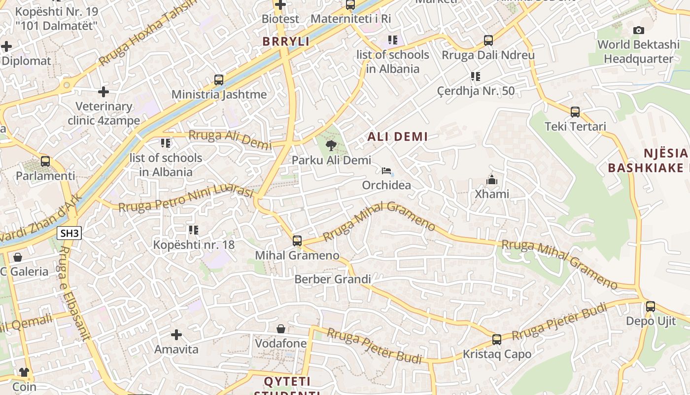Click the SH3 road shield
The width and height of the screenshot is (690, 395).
click(x=69, y=233)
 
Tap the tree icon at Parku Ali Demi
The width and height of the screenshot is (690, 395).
click(x=331, y=145)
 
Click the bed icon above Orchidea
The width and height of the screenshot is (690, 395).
click(x=386, y=171)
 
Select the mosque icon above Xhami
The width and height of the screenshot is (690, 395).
click(x=491, y=180)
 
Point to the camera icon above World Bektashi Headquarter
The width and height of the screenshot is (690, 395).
click(x=638, y=31)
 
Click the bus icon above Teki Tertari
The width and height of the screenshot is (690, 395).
click(x=575, y=112)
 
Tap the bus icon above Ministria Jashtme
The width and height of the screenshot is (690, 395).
click(x=219, y=80)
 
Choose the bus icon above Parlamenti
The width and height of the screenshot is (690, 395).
click(x=45, y=161)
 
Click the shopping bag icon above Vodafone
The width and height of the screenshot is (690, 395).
click(x=281, y=329)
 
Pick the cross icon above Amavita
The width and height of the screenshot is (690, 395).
click(x=176, y=335)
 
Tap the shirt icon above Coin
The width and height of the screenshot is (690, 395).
click(x=24, y=372)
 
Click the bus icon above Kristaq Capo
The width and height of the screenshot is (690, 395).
click(x=497, y=340)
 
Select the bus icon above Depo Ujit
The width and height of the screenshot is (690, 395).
click(x=651, y=307)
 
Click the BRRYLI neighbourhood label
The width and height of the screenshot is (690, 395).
click(x=286, y=41)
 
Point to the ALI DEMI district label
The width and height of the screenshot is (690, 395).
click(x=398, y=137)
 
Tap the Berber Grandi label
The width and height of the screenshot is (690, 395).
click(x=333, y=279)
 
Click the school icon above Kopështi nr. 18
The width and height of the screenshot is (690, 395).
click(x=194, y=230)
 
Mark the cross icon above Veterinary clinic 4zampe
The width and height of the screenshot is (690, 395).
click(x=103, y=92)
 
